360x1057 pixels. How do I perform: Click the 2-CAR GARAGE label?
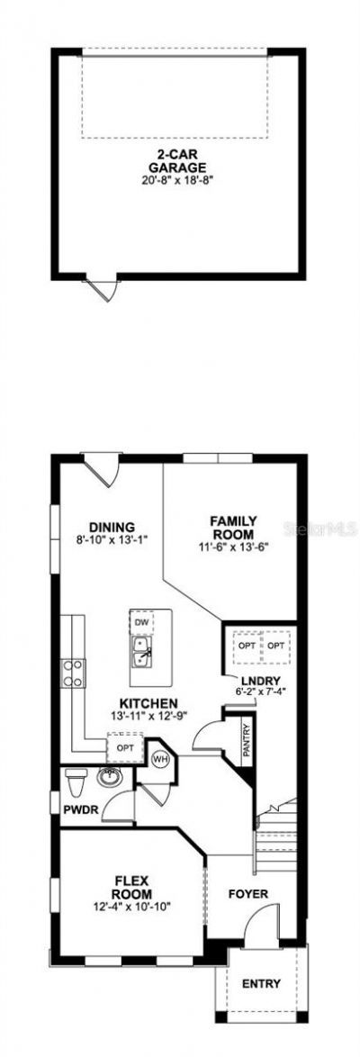178,160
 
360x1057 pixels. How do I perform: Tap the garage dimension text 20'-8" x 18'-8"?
178,179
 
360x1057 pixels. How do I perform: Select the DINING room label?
112,527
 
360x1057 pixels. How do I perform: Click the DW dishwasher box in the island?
140,622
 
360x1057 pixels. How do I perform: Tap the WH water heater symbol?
160,759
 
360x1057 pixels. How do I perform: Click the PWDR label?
80,810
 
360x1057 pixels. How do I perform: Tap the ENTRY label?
261,984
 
